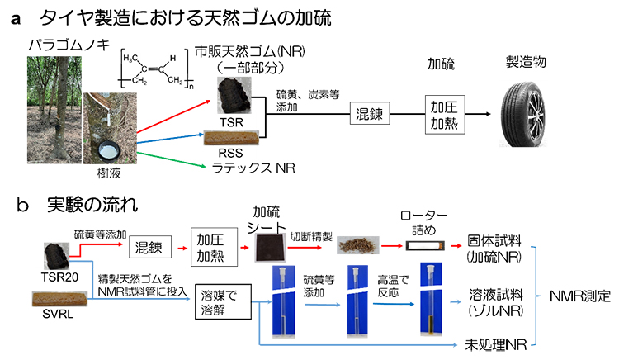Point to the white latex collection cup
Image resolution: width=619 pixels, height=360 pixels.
click(x=109, y=150)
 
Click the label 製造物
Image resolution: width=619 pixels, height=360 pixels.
click(x=527, y=64)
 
